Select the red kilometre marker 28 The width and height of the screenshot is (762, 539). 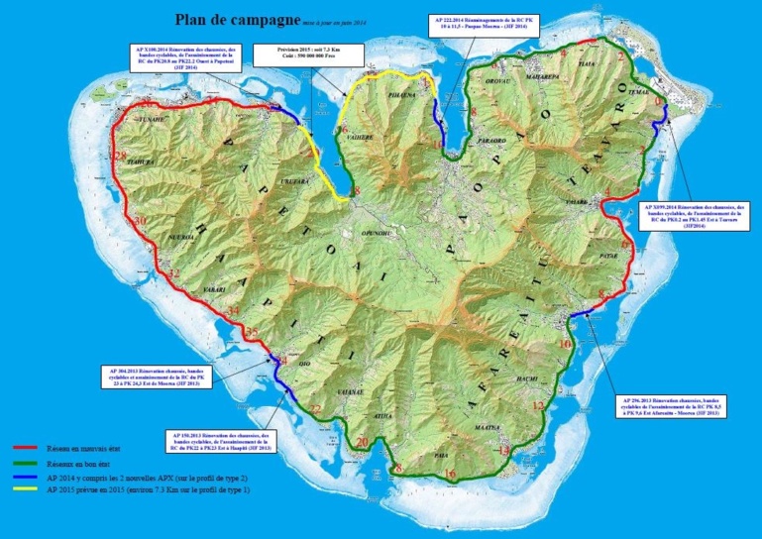[x=121, y=157]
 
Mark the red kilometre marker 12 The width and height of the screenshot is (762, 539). [x=538, y=406]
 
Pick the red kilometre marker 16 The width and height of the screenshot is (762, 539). [x=451, y=475]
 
